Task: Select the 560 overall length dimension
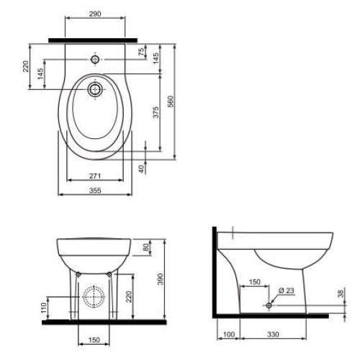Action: click(171, 103)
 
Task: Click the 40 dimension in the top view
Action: click(143, 167)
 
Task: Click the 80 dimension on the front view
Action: click(147, 247)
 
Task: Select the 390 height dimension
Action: click(161, 278)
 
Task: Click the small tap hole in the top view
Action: click(95, 58)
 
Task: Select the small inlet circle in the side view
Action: click(268, 305)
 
